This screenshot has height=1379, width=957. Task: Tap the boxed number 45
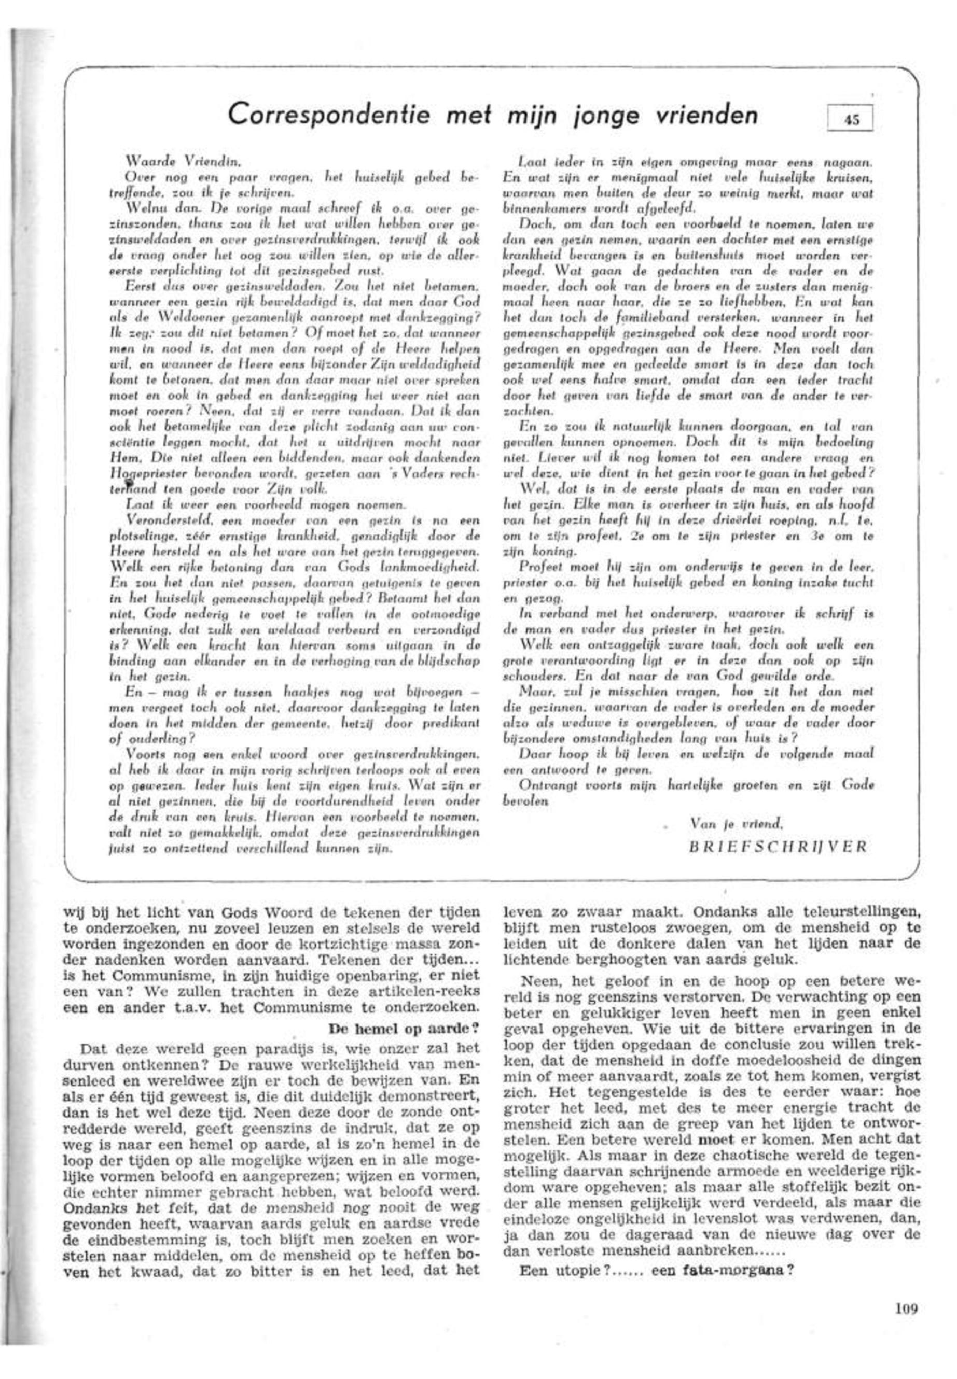(850, 118)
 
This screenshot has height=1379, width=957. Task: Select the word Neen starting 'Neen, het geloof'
(539, 982)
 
